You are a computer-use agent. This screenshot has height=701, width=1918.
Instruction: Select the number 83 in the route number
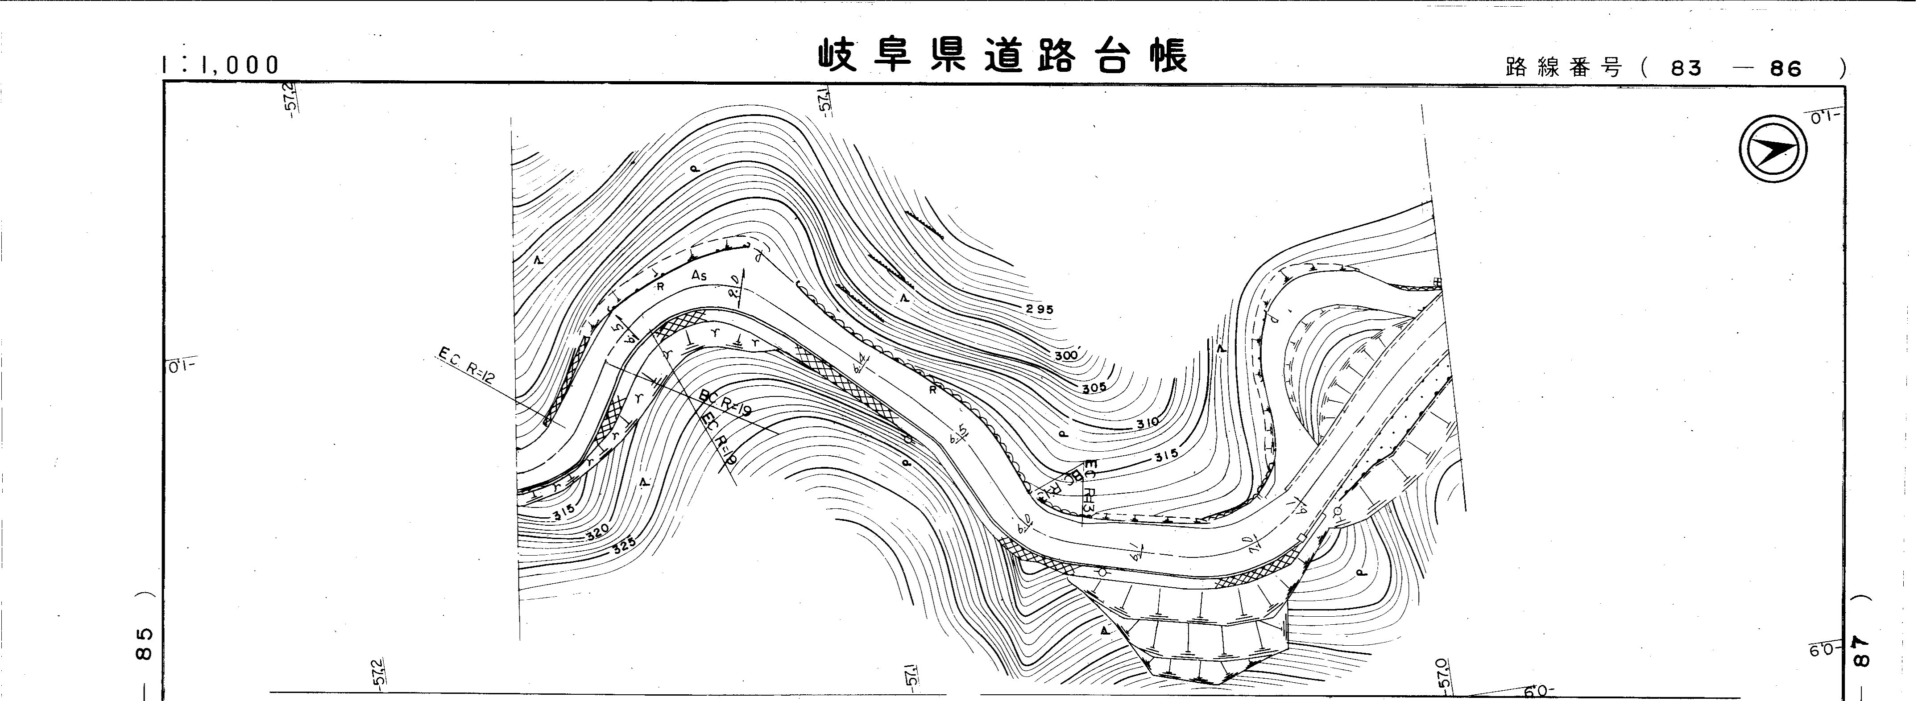coord(1686,69)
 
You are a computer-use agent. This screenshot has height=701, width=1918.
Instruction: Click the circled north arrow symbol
coord(1773,149)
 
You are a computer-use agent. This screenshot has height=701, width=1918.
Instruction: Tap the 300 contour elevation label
coord(1066,356)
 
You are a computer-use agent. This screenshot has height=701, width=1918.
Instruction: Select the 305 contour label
coord(1094,388)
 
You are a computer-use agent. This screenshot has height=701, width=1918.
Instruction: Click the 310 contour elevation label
coord(1147,424)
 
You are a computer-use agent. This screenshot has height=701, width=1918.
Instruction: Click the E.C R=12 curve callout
coord(467,365)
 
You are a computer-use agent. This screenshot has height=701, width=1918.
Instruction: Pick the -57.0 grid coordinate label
coord(1442,673)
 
